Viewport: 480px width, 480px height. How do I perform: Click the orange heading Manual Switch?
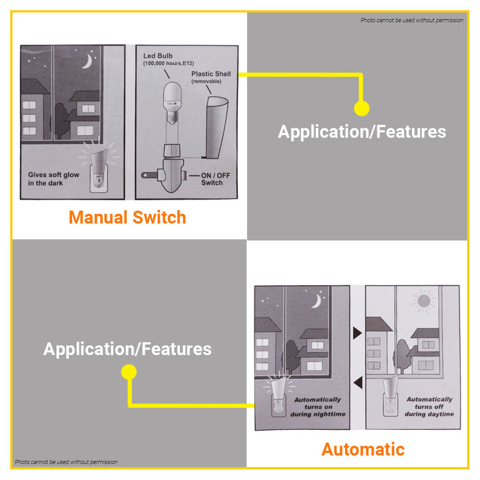point(128,218)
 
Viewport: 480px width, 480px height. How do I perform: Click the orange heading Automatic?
point(363,450)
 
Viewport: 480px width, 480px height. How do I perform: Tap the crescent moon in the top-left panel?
point(86,62)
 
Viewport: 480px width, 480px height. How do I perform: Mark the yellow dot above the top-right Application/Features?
point(361,108)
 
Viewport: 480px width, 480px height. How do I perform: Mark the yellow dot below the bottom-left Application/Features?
point(128,372)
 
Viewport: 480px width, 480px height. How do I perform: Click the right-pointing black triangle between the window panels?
point(357,333)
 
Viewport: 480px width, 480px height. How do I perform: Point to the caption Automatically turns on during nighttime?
point(317,407)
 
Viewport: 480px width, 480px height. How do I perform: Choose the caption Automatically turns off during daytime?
point(429,407)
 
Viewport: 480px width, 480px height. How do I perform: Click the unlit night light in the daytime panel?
point(387,402)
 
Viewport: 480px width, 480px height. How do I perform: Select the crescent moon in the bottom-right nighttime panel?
point(317,300)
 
